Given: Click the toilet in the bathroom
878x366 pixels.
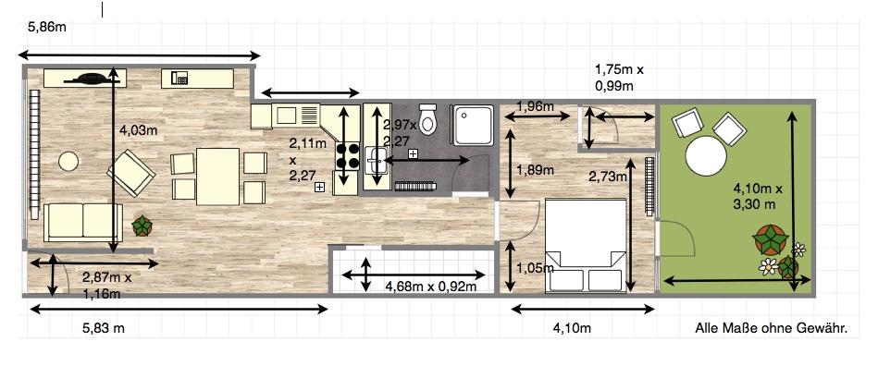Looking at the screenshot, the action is [x=427, y=118].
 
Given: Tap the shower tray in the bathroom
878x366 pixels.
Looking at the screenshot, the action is [x=473, y=125].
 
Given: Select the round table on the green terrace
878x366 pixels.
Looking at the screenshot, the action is [x=706, y=156].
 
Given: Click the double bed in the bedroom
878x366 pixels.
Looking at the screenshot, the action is [x=585, y=245].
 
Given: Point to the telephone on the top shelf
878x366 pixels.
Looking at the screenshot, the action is [x=179, y=78].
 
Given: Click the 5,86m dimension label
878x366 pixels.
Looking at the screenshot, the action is [x=47, y=26].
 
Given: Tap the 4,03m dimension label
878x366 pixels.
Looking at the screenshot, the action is [x=138, y=130].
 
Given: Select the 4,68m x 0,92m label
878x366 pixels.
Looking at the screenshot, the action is [x=430, y=287].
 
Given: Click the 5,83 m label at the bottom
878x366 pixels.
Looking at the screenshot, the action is [x=103, y=328].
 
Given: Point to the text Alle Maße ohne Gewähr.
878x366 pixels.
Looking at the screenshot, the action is [x=771, y=328].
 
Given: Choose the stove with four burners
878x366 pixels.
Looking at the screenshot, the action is [x=347, y=156].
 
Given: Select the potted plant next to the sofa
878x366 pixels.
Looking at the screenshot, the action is [x=142, y=226].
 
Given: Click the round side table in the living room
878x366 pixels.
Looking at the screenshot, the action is [x=68, y=161].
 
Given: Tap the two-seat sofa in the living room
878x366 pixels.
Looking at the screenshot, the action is [x=83, y=222].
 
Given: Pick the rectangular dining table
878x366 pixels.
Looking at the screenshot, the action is [x=217, y=177].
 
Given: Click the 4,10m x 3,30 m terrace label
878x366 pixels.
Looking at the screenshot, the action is [x=754, y=197].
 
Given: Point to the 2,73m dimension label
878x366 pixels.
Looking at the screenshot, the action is [x=607, y=177].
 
